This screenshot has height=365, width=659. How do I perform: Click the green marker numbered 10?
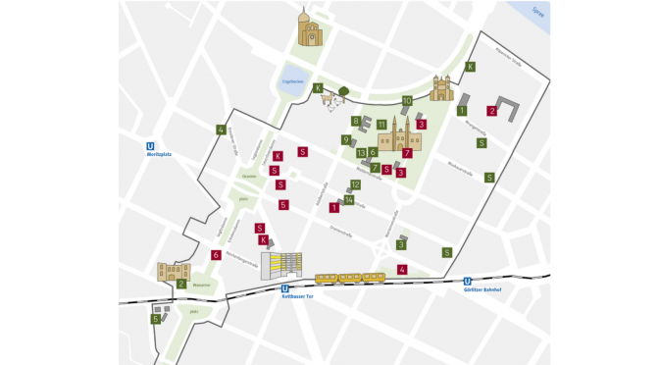point(406,100)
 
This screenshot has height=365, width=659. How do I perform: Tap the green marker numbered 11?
point(380,124)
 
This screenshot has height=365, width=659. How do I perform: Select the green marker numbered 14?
point(349,200)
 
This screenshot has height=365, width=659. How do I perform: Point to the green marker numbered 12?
point(355,184)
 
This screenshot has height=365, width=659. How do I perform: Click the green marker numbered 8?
point(356,121)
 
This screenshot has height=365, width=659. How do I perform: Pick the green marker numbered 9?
point(346,139)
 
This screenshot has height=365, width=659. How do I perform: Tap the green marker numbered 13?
point(361,152)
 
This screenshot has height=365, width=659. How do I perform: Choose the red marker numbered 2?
point(492,111)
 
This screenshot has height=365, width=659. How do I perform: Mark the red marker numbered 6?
point(215,255)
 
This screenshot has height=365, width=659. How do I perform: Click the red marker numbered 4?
point(402,269)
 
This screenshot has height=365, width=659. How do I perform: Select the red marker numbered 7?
point(406,153)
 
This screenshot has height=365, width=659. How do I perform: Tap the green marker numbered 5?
point(155,318)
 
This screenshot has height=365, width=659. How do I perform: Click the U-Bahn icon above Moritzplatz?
point(150,145)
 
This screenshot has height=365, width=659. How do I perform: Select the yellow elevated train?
point(350,278)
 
